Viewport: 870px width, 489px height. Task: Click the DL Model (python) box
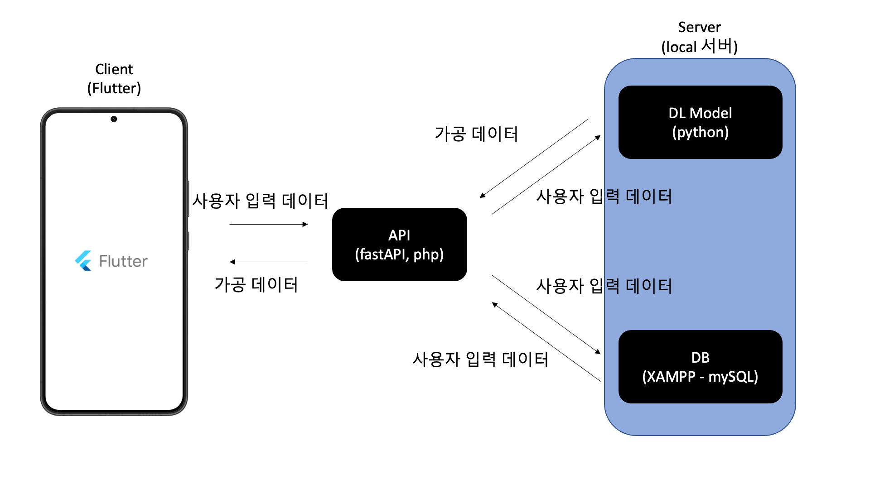point(700,122)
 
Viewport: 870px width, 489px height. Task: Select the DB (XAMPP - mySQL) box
point(700,367)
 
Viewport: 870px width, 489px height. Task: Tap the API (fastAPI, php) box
point(399,244)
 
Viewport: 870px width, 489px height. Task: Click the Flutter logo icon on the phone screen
point(83,261)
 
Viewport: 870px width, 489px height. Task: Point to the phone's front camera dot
point(114,119)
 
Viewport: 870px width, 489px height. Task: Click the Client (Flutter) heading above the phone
point(114,78)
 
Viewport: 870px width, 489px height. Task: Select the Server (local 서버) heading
point(699,37)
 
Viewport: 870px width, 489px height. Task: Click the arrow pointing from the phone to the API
point(268,224)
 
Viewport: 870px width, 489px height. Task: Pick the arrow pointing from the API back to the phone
point(268,262)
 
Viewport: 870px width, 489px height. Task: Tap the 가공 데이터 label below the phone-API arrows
point(256,284)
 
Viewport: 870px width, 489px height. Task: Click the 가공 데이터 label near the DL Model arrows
point(476,134)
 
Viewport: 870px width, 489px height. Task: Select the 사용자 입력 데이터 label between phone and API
point(260,201)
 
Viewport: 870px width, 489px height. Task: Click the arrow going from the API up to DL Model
point(546,175)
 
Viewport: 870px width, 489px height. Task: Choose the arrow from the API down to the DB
point(546,314)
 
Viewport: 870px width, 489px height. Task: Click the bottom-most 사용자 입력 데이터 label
point(480,359)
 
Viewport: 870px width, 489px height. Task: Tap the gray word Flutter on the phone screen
point(123,261)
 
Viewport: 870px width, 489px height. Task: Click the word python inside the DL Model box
point(700,132)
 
